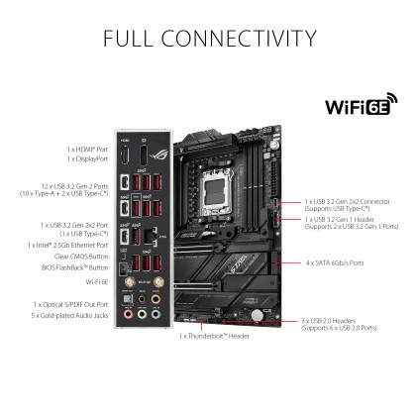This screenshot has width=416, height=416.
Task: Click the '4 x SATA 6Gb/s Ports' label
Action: (334, 263)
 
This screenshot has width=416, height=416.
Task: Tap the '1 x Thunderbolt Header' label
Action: (216, 336)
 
